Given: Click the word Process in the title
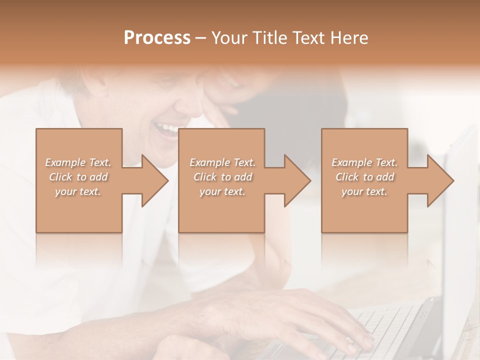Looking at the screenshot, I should point(157,38).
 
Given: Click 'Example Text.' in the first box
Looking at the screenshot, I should point(78,162).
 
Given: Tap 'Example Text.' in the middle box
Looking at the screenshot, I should point(222,162).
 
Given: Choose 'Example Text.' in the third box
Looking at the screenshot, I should point(364,162).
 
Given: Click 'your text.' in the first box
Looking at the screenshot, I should point(78,191).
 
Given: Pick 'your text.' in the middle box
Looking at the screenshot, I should point(222,191).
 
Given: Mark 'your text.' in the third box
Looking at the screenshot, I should point(364,191).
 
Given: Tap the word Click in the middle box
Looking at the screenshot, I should point(205,177).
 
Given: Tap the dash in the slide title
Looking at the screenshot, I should point(201,38).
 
